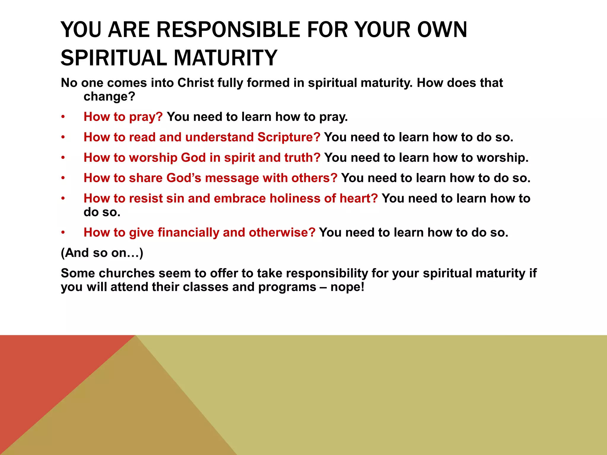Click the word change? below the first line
coord(109,97)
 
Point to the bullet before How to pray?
coord(63,117)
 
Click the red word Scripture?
coord(289,137)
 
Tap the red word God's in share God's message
coord(184,178)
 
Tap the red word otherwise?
coord(282,233)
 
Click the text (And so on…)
coord(102,253)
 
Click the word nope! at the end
coord(347,287)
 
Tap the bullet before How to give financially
coord(63,233)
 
